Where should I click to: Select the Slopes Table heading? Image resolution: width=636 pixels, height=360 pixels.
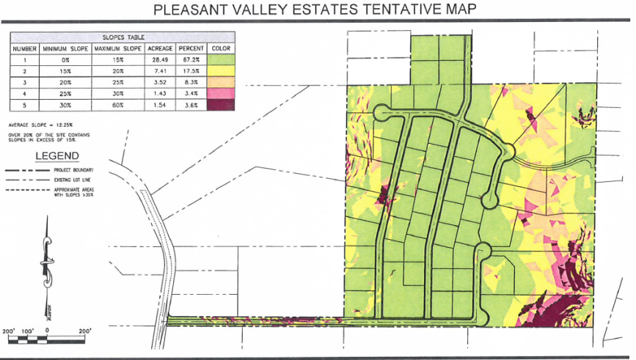tap(122, 37)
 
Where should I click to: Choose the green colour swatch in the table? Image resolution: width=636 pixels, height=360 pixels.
tap(221, 60)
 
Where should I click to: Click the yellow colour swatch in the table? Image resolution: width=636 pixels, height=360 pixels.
tap(221, 71)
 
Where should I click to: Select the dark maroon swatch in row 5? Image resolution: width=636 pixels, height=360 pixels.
tap(221, 106)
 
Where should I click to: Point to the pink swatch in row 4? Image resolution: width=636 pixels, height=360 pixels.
tap(221, 94)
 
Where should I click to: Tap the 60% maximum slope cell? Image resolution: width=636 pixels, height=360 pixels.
tap(117, 106)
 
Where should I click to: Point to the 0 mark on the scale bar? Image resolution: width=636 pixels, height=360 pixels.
tap(47, 331)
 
